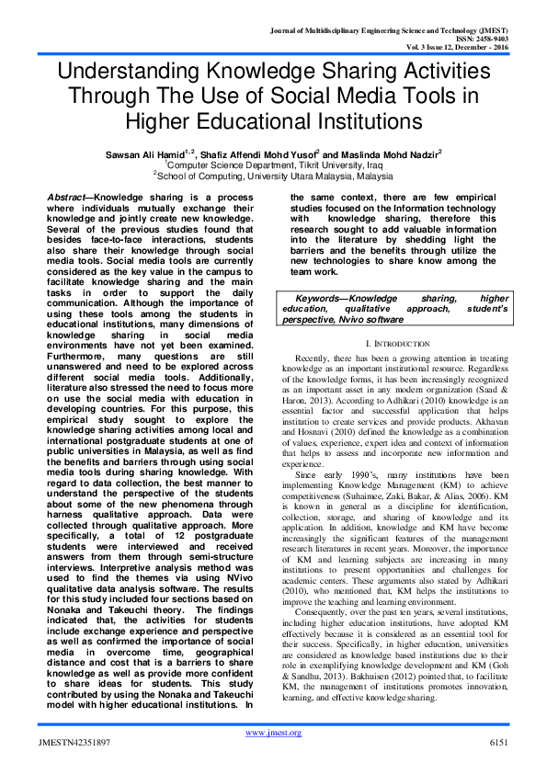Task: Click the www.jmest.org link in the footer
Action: click(x=273, y=732)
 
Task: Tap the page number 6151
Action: click(x=497, y=741)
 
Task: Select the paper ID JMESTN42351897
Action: click(x=77, y=741)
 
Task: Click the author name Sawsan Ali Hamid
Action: click(x=156, y=154)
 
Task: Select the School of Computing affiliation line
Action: click(x=273, y=175)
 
